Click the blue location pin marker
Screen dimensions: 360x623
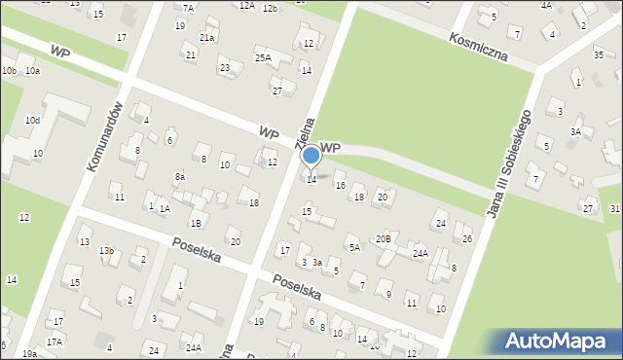tap(311, 157)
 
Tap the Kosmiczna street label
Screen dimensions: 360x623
tap(479, 45)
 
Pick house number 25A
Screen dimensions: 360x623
tap(263, 57)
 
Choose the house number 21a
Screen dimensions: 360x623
tap(206, 37)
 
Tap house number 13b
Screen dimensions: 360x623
tap(106, 251)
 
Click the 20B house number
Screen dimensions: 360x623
tap(384, 238)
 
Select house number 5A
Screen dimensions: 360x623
tap(355, 248)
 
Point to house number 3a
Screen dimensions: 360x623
tap(316, 263)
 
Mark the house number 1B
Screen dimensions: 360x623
tap(196, 223)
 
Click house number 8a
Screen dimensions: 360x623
tap(180, 177)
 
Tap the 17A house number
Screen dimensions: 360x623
tap(55, 342)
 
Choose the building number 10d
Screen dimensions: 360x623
tap(32, 120)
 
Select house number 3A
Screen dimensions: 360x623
tap(575, 131)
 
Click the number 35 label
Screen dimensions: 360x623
tap(599, 54)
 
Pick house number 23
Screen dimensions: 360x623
tap(224, 68)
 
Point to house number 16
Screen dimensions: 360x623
tap(340, 185)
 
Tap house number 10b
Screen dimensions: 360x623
tap(9, 71)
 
